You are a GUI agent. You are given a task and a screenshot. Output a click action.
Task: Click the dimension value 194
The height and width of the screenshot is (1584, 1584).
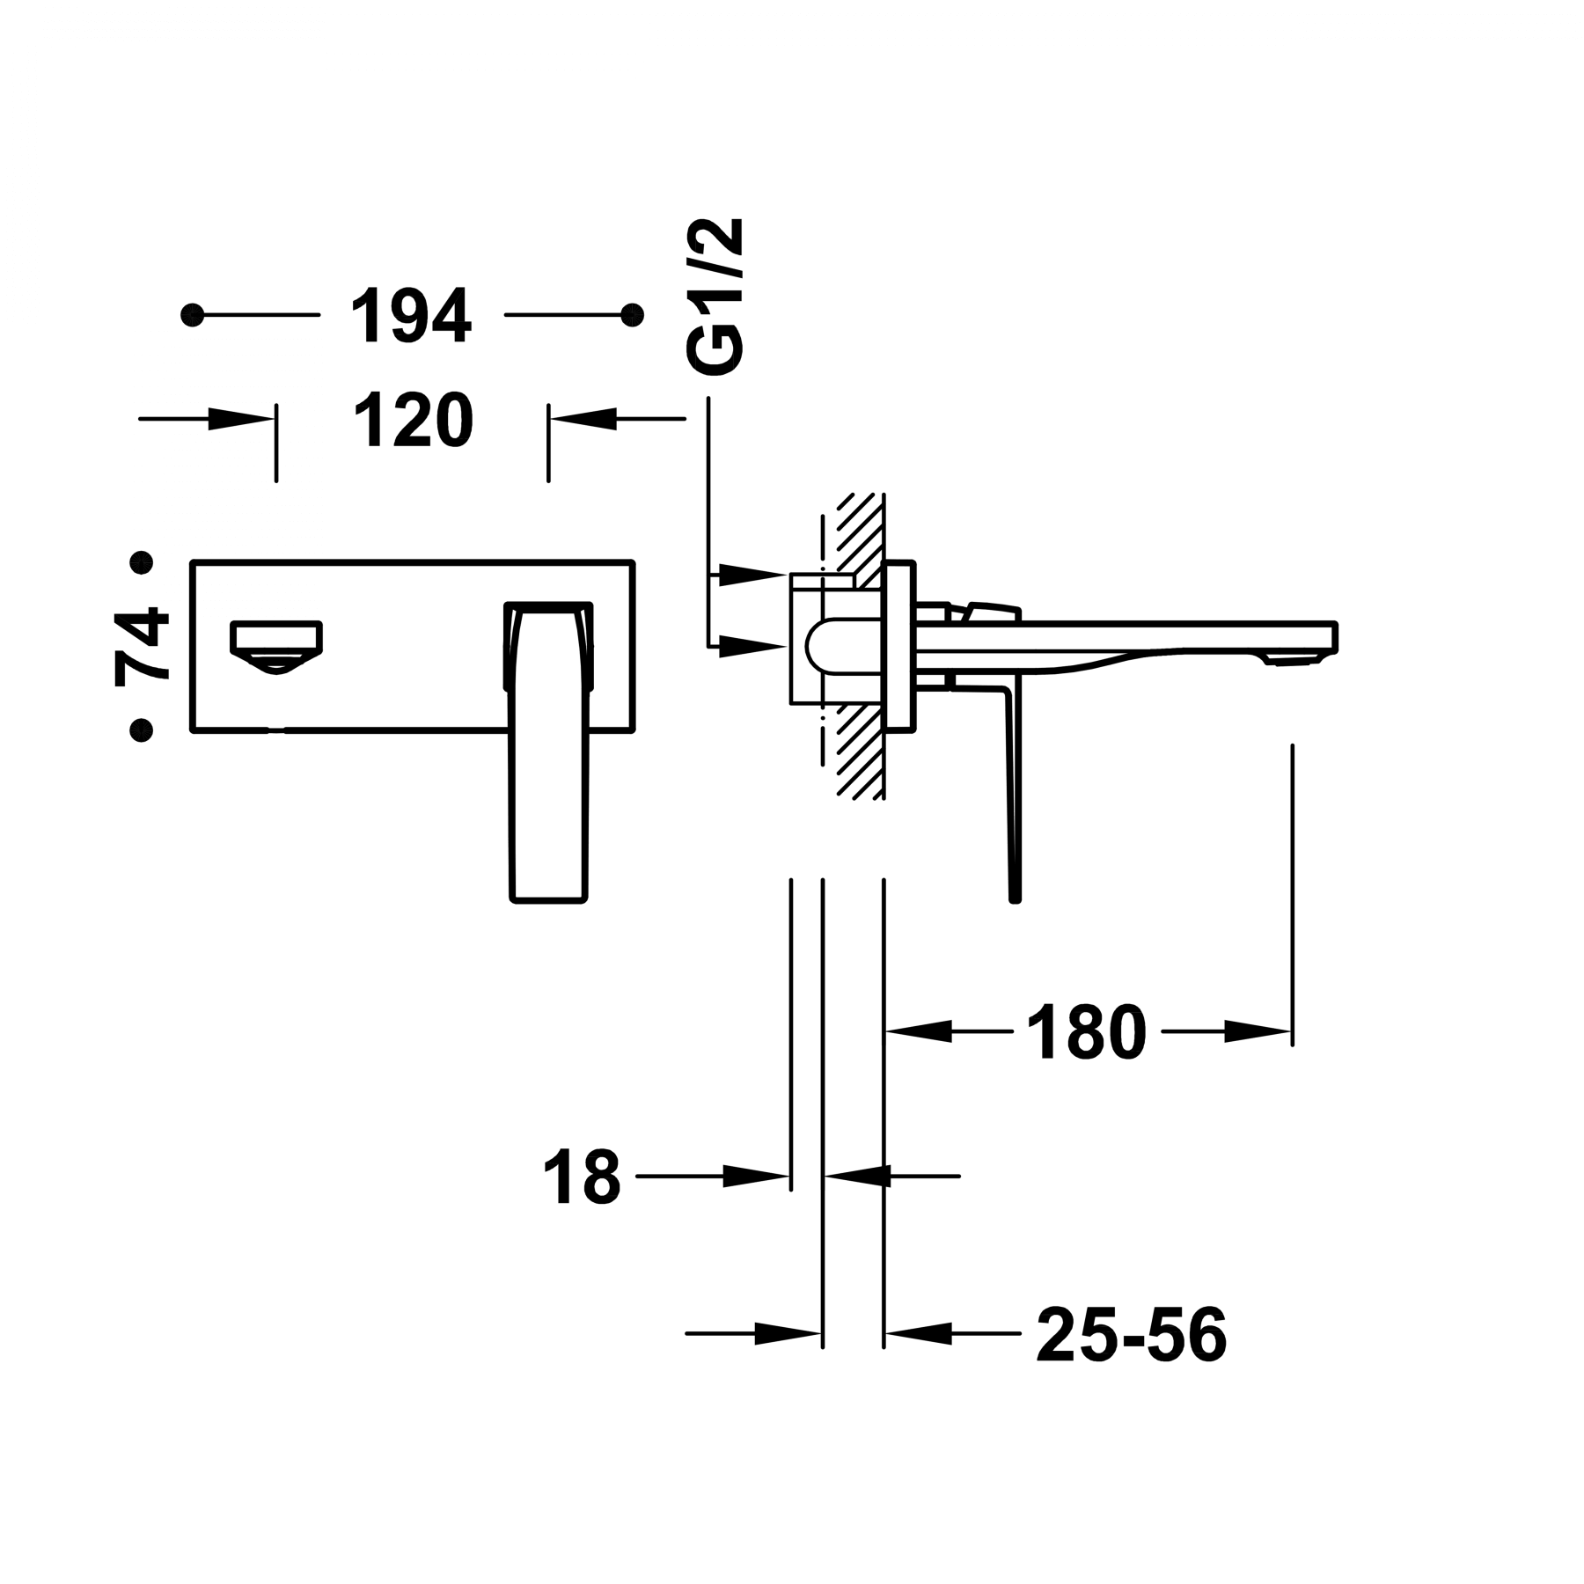tap(412, 315)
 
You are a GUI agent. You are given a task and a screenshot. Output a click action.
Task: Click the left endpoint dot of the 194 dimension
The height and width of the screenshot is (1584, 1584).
tap(193, 315)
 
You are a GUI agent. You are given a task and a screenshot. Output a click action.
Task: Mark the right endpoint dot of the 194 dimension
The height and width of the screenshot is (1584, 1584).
tap(631, 315)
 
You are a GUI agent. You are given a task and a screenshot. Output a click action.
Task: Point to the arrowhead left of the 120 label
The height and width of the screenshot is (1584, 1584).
tap(238, 419)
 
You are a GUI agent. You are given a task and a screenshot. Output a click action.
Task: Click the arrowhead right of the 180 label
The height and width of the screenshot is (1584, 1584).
tap(1255, 1031)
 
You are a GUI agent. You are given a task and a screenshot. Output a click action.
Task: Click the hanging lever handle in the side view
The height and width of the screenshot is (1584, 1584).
tap(1012, 792)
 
